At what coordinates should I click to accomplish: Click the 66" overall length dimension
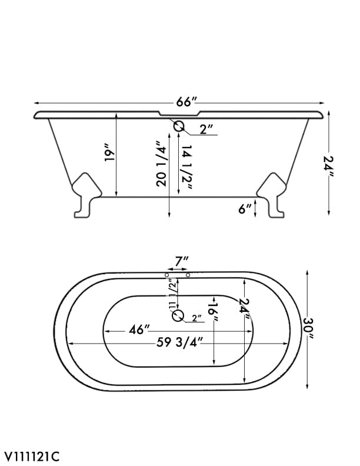tap(185, 102)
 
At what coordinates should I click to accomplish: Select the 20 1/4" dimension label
tap(161, 164)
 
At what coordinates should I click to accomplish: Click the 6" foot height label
tap(245, 208)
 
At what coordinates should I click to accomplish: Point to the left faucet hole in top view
tap(168, 275)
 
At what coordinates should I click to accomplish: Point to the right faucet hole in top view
tap(188, 275)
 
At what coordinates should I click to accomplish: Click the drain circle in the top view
tap(178, 317)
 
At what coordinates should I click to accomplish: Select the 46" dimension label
tap(140, 329)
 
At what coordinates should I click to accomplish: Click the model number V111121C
tap(32, 456)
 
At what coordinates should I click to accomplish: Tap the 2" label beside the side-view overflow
tap(206, 130)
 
